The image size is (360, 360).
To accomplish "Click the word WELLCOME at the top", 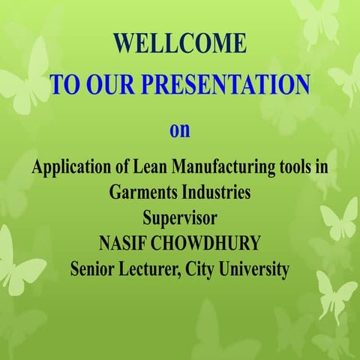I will pyautogui.click(x=180, y=43).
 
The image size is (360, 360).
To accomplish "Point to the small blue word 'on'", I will pyautogui.click(x=179, y=130).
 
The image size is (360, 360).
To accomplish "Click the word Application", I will pyautogui.click(x=68, y=166).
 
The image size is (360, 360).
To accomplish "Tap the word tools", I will pyautogui.click(x=290, y=166).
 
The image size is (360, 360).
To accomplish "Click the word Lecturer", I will pyautogui.click(x=158, y=268).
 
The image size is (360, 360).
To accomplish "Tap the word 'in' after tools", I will pyautogui.click(x=321, y=166).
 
